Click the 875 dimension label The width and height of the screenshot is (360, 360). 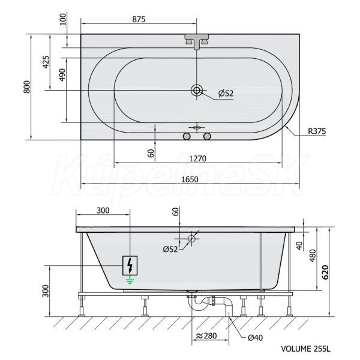coord(139,19)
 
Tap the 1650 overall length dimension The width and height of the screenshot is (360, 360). coord(190,179)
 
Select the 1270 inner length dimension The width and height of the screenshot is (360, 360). coord(198,158)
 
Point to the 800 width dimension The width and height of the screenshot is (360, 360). coord(27,87)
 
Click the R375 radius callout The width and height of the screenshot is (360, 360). coord(317,131)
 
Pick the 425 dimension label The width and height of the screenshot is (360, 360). coord(46,62)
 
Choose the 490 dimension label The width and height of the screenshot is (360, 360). coord(62,75)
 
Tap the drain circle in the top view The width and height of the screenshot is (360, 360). coord(197,90)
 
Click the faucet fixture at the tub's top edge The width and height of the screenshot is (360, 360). coord(197,41)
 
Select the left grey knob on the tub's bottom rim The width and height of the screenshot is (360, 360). coord(187,136)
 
